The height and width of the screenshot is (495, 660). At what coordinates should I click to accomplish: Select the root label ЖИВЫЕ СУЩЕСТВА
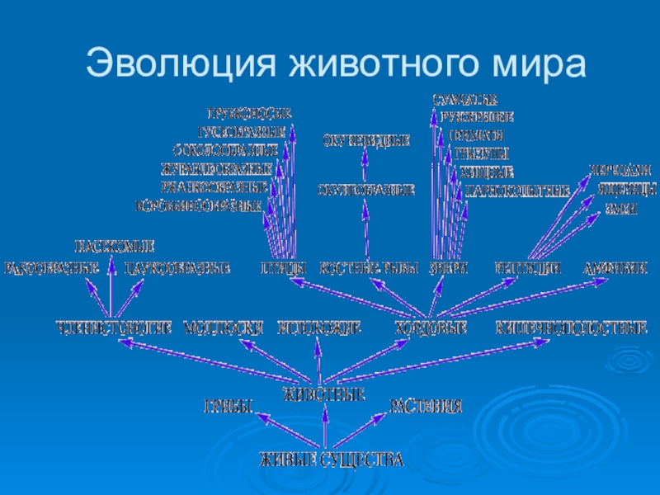click(x=332, y=460)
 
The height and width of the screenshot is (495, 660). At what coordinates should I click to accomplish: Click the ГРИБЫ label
click(x=227, y=406)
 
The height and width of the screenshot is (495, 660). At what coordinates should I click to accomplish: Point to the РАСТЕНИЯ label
click(x=426, y=406)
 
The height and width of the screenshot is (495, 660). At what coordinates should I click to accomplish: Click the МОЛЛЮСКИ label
click(x=223, y=328)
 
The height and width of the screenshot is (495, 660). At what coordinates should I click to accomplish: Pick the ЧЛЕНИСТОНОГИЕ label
click(x=114, y=328)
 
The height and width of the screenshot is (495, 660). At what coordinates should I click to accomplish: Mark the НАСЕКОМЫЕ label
click(x=115, y=246)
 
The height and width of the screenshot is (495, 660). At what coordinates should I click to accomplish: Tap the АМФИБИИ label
click(x=615, y=268)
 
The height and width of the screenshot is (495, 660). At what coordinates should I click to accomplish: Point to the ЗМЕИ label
click(x=621, y=210)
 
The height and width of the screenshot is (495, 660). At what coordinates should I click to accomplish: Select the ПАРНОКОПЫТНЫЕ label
click(x=517, y=191)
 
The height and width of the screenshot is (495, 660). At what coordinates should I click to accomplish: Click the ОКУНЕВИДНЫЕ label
click(x=365, y=141)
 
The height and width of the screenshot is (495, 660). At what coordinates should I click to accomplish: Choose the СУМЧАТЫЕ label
click(x=465, y=100)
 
